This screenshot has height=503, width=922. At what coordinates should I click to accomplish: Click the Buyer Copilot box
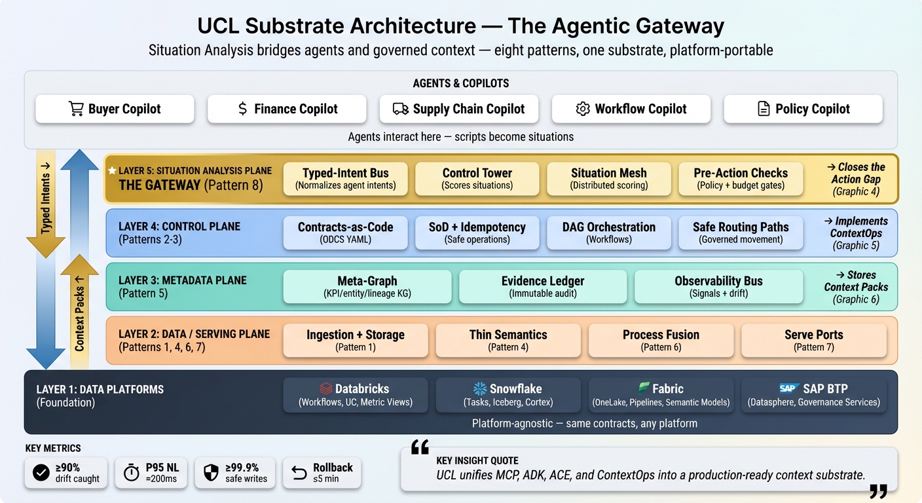pyautogui.click(x=115, y=109)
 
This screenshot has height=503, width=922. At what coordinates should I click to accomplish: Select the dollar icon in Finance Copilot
pyautogui.click(x=243, y=109)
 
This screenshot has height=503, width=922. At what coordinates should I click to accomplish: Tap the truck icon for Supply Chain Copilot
pyautogui.click(x=401, y=109)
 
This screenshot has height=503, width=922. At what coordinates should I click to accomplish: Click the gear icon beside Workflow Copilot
pyautogui.click(x=583, y=109)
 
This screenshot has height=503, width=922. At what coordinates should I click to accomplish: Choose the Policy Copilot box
pyautogui.click(x=803, y=109)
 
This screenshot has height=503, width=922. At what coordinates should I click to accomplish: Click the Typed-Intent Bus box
pyautogui.click(x=345, y=178)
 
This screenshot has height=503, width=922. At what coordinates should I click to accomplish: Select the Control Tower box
pyautogui.click(x=477, y=178)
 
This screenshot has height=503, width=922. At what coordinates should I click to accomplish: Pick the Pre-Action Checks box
pyautogui.click(x=741, y=178)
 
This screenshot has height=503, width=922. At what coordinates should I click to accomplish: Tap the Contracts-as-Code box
pyautogui.click(x=345, y=233)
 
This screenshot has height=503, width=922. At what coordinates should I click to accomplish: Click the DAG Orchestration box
pyautogui.click(x=608, y=233)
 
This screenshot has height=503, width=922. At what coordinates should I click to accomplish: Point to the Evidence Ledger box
pyautogui.click(x=543, y=286)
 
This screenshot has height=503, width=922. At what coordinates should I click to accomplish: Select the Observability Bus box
pyautogui.click(x=718, y=286)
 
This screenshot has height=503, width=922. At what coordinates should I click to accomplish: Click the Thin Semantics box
pyautogui.click(x=507, y=340)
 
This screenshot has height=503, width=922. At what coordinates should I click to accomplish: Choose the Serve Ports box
pyautogui.click(x=813, y=340)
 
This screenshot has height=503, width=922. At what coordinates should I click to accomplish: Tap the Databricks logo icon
pyautogui.click(x=326, y=388)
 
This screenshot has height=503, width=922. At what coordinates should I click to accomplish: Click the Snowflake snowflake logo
pyautogui.click(x=480, y=388)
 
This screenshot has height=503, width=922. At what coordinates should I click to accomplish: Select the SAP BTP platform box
pyautogui.click(x=813, y=394)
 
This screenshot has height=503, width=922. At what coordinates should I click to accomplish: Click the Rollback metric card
pyautogui.click(x=322, y=472)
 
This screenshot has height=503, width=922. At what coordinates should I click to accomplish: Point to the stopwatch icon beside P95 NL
pyautogui.click(x=132, y=472)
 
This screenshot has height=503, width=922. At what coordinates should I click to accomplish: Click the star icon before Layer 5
pyautogui.click(x=112, y=170)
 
